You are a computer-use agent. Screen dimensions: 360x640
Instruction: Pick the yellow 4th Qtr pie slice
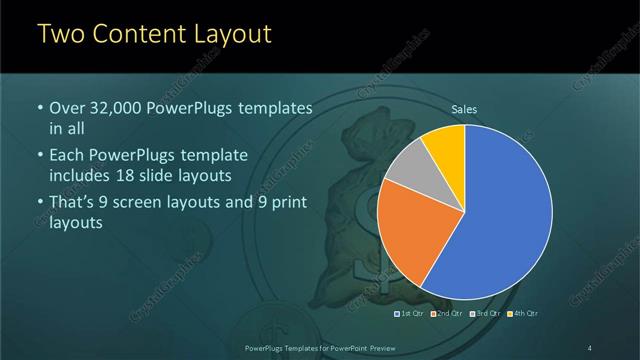point(444,144)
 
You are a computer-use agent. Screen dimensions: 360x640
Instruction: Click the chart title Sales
point(464,109)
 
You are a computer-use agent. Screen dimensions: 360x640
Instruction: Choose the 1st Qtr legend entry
point(410,314)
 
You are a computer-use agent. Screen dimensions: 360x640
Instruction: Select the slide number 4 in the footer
point(590,347)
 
